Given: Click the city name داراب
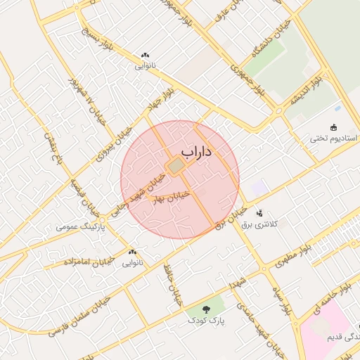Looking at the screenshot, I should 197,151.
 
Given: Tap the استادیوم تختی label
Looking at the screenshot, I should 334,139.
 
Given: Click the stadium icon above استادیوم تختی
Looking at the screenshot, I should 334,127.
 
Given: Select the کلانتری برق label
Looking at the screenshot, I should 276,224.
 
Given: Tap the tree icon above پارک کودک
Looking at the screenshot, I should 206,309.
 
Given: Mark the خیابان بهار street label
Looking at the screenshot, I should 172,196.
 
